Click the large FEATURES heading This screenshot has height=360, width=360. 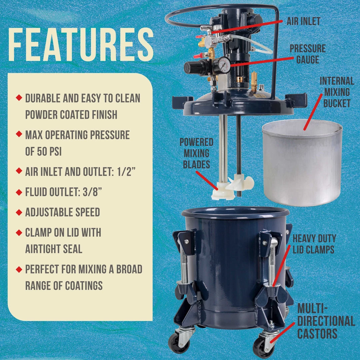pos(81,45)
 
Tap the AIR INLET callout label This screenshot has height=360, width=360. pos(303,21)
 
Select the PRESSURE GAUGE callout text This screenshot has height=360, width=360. pos(308,54)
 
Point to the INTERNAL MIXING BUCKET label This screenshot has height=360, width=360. pos(337,92)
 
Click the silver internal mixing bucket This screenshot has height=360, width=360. pos(302,163)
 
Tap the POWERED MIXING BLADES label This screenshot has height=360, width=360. pos(197,153)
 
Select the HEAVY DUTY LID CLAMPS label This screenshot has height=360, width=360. pos(314,244)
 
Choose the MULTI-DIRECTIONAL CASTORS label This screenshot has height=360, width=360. pos(326,321)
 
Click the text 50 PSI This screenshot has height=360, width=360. pos(49,152)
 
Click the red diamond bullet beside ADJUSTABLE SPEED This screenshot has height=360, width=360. pos(19,212)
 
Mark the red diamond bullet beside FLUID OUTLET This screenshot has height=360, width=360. pos(19,192)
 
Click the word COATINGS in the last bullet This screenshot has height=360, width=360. pos(84,286)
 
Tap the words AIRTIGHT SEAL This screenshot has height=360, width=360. pos(54,249)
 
